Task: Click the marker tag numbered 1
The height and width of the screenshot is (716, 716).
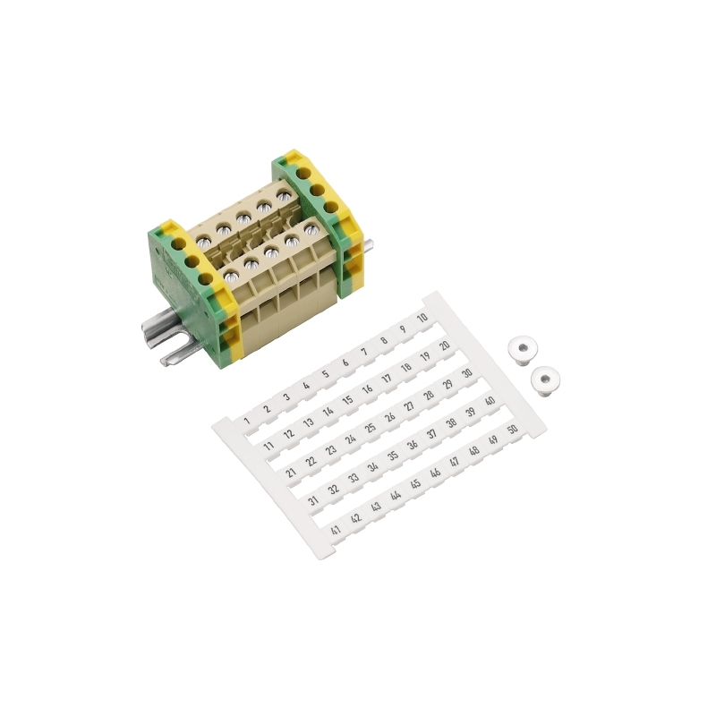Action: (x=247, y=421)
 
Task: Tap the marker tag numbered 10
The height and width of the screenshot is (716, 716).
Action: (x=422, y=318)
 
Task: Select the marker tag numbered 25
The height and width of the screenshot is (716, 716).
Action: (x=371, y=428)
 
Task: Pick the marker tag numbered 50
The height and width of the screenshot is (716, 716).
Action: (x=512, y=430)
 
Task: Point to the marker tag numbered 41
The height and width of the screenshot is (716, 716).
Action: (x=336, y=530)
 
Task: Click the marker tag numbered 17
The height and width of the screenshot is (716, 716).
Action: (x=387, y=378)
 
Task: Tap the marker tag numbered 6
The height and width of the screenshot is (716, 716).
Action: (x=345, y=362)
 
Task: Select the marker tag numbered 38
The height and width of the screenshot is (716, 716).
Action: (x=451, y=422)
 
